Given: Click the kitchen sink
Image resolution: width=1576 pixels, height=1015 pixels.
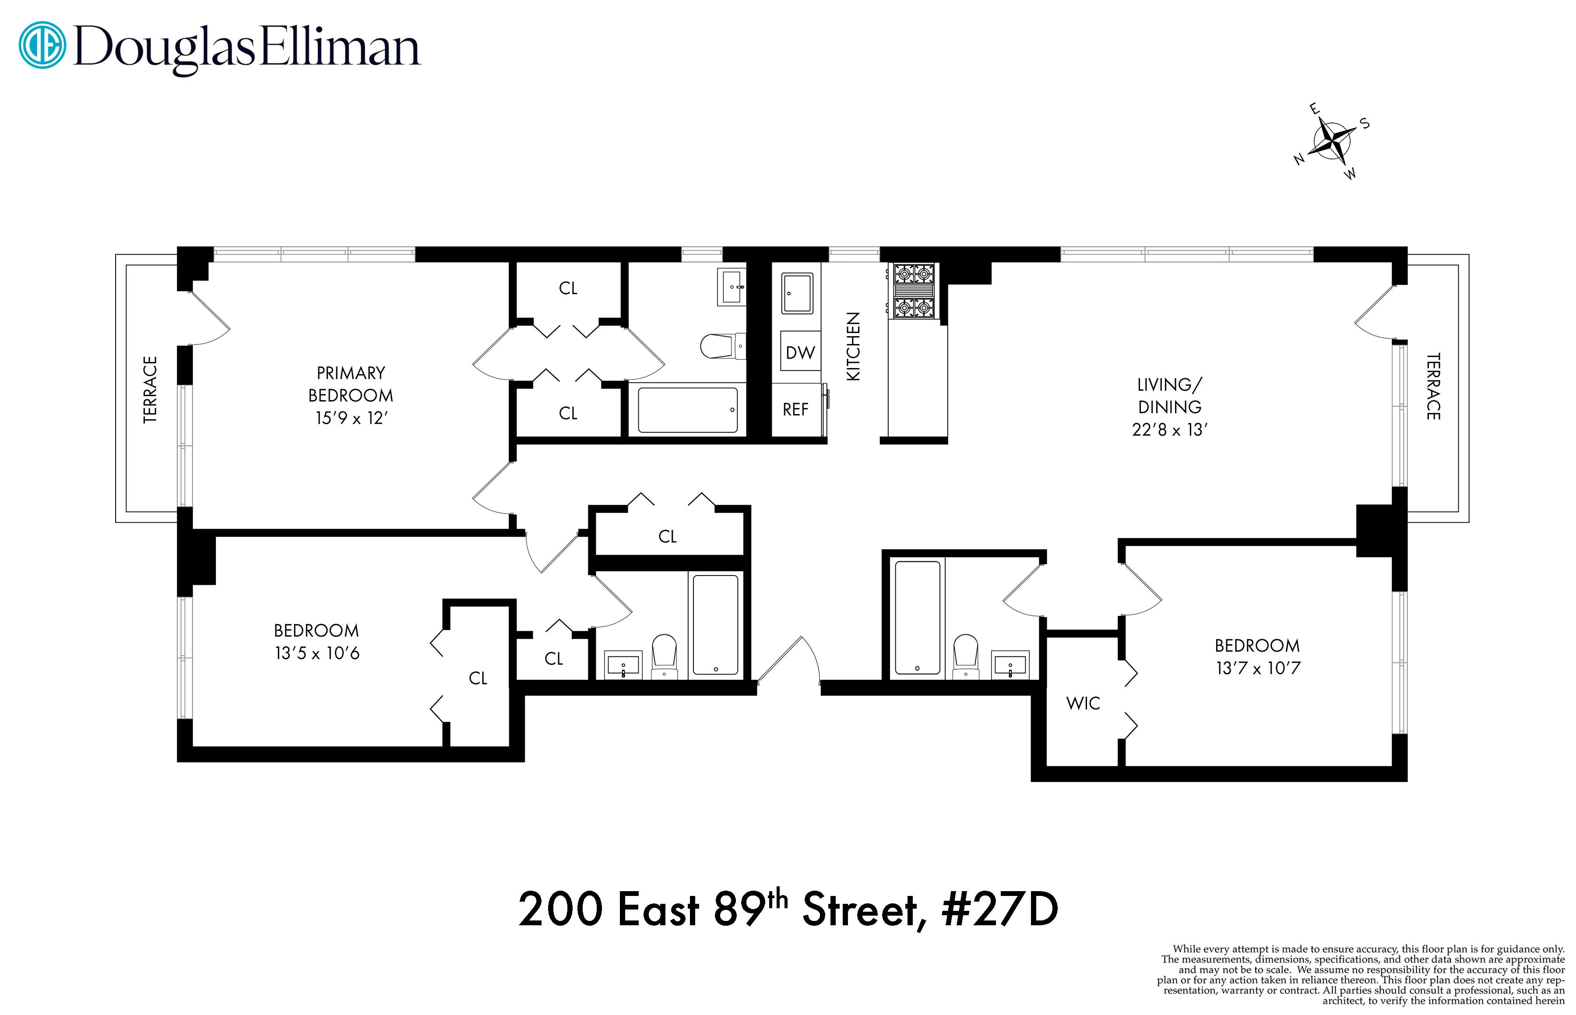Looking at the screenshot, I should point(797,293).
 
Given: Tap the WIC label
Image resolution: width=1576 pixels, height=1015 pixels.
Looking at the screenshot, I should point(1083,703).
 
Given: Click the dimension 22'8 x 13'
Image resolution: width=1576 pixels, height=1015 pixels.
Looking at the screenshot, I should point(1169,430).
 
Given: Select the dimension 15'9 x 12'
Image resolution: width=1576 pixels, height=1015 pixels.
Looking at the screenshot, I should point(351,418).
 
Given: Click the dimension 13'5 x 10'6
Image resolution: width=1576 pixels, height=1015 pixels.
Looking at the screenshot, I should point(317,653).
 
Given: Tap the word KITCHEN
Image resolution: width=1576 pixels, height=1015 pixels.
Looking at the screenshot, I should point(853,346).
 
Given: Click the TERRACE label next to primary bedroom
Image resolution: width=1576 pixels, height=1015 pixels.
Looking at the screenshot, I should point(150,389).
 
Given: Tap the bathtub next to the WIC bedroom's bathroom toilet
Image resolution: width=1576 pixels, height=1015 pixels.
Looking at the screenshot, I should point(917,617).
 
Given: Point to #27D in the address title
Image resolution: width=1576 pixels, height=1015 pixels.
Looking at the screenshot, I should point(999,910).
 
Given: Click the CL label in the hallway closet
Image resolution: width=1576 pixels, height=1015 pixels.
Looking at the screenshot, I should point(667,537).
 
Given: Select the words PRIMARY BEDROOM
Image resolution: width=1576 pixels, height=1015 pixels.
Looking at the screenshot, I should point(351,384).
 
